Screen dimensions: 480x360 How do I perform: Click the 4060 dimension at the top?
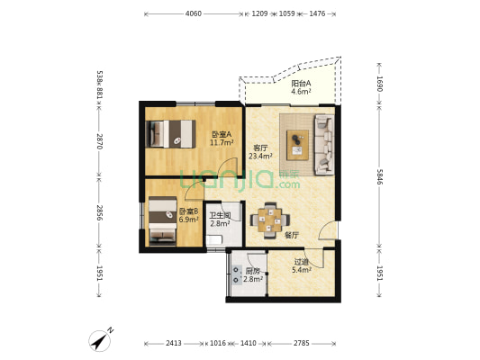point(194,13)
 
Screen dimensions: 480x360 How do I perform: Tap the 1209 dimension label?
point(259,13)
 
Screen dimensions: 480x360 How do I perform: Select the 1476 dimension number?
point(317,13)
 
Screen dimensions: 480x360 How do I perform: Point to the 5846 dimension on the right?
point(380,176)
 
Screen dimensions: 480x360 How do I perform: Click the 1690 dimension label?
point(380,84)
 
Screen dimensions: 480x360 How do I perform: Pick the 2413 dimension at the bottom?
point(174,344)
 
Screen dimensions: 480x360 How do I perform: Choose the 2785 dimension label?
point(302,344)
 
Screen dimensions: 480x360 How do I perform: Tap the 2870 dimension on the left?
point(99,141)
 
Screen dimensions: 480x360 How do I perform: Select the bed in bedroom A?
point(171,134)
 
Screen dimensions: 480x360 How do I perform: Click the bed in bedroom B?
point(162,221)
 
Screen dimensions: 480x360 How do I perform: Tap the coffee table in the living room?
point(297,145)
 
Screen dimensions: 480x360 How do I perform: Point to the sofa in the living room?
point(324,145)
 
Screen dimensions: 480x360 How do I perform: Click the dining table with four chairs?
point(270,220)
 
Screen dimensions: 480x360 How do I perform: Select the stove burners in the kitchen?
point(236,274)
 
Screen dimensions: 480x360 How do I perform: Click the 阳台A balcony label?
point(301,83)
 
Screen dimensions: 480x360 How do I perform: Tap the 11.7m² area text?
point(222,142)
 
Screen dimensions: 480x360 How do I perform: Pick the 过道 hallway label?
point(301,262)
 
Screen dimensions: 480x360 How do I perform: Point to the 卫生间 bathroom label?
point(220,216)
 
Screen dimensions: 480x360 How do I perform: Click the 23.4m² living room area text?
point(260,157)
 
